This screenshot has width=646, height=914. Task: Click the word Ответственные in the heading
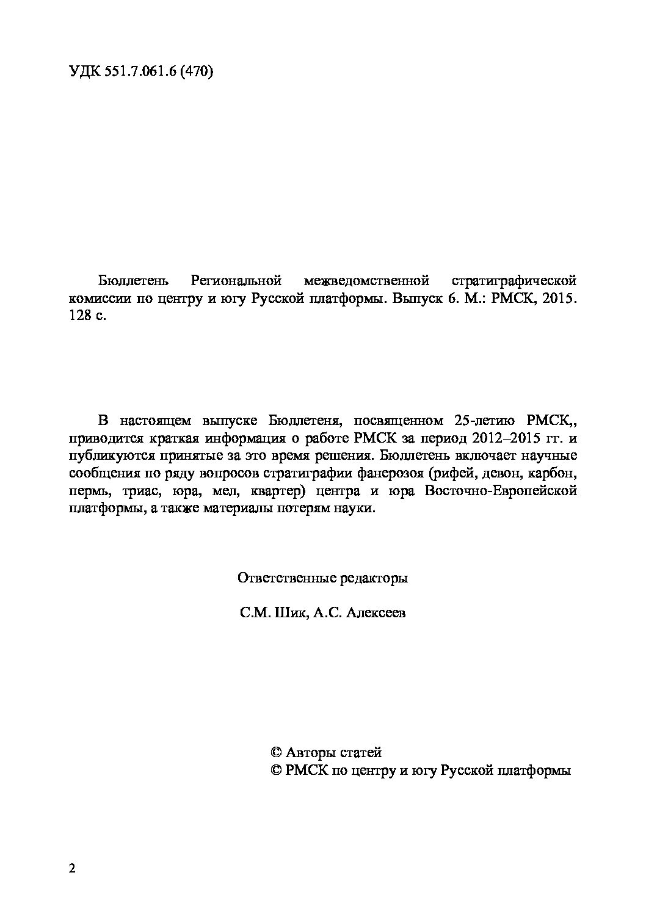pyautogui.click(x=278, y=578)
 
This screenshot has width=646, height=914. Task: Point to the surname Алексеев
pyautogui.click(x=375, y=613)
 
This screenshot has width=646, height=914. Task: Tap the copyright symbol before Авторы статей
pyautogui.click(x=275, y=753)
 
